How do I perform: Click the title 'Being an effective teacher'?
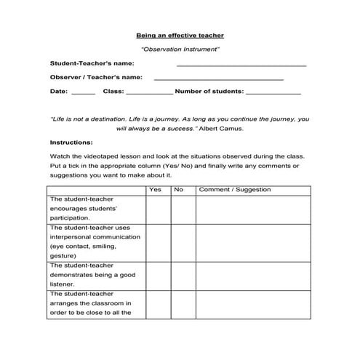click(x=180, y=35)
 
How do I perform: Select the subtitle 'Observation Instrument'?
click(x=180, y=49)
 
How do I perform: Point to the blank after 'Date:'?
click(x=84, y=94)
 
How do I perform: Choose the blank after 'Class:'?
click(x=149, y=94)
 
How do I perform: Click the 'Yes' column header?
click(x=155, y=190)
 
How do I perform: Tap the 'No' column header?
click(x=178, y=190)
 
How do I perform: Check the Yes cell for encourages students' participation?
click(x=158, y=209)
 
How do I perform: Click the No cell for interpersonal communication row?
click(x=183, y=241)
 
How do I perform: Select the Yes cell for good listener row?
click(x=158, y=275)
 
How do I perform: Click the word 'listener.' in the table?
click(x=64, y=284)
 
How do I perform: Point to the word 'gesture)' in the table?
click(x=63, y=256)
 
